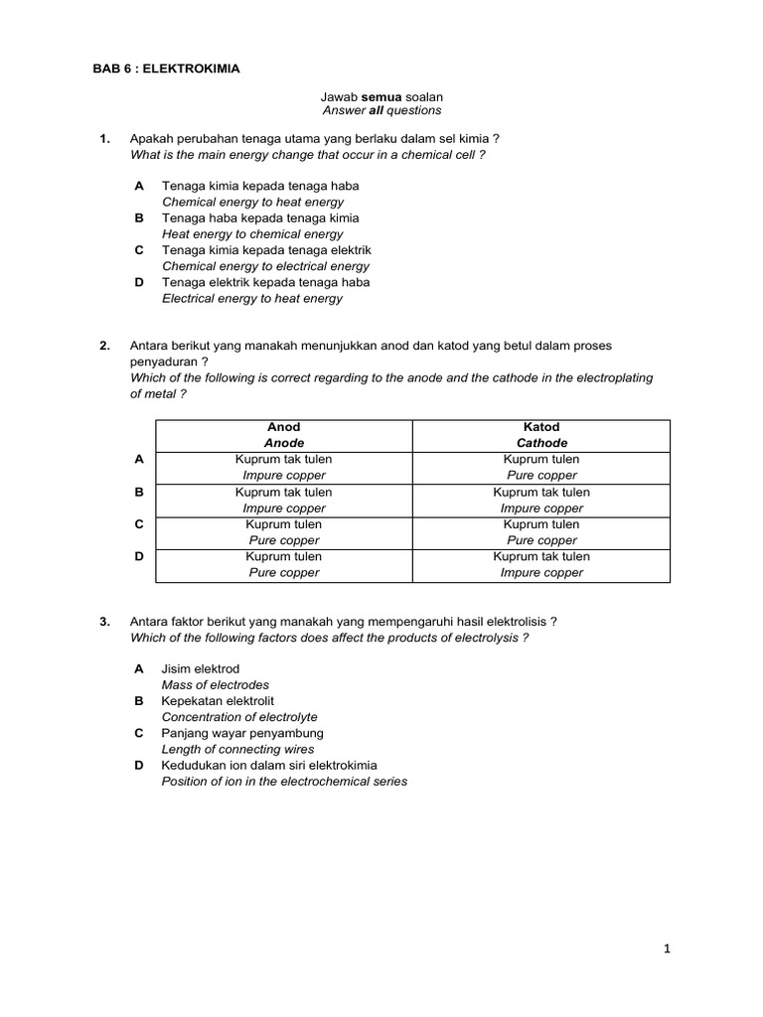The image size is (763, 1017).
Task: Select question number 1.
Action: tap(104, 139)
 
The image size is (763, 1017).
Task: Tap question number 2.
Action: tap(104, 346)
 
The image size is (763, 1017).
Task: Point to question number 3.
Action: tap(104, 622)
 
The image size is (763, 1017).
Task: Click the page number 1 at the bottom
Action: tap(668, 949)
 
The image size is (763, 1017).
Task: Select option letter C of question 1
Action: tap(139, 250)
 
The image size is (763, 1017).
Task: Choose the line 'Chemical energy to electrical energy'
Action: tap(265, 266)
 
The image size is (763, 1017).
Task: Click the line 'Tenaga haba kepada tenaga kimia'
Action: tap(260, 218)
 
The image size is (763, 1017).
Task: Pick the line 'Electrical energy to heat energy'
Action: tap(252, 298)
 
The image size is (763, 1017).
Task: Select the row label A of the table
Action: tap(139, 460)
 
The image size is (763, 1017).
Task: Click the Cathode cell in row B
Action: tap(541, 500)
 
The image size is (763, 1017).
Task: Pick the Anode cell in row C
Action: tap(284, 532)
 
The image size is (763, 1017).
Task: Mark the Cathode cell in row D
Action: tap(541, 564)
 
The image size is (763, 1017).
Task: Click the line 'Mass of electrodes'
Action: tap(216, 685)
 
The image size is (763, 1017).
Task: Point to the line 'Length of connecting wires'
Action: tap(237, 749)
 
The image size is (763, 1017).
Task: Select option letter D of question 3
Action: tap(139, 766)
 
